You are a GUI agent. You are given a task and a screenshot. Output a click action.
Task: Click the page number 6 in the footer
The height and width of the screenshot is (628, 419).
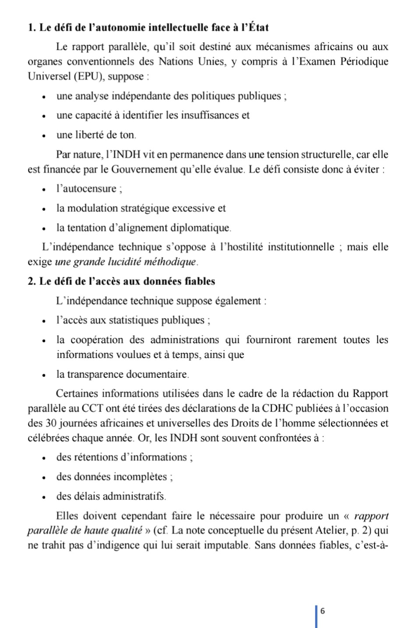(x=323, y=611)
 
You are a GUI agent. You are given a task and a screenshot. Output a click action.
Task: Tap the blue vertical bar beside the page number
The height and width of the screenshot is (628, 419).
(x=317, y=616)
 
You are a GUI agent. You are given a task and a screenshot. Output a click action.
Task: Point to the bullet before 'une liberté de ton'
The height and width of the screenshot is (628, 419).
(x=44, y=135)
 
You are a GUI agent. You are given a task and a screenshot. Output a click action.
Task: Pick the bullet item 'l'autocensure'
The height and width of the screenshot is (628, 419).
(x=89, y=189)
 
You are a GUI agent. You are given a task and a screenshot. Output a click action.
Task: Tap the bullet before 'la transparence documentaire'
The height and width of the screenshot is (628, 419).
(x=44, y=375)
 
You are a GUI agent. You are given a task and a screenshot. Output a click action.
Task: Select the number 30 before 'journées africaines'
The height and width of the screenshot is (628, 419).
(x=50, y=423)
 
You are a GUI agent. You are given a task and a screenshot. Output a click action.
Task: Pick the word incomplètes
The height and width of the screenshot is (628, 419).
(x=141, y=477)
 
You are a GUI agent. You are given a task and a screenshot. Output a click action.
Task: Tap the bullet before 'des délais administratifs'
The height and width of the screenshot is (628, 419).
(x=44, y=497)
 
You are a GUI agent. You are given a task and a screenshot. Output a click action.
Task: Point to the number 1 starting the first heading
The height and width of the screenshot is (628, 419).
(x=31, y=28)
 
